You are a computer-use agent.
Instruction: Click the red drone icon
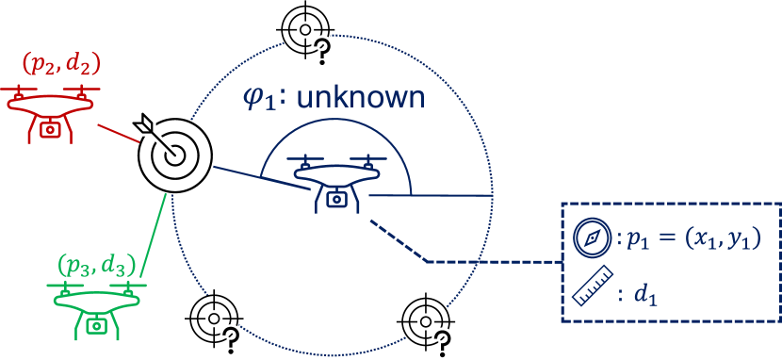(53, 111)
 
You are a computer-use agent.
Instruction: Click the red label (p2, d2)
(60, 65)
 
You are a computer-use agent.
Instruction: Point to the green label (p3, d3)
(97, 263)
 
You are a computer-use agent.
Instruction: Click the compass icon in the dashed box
(592, 238)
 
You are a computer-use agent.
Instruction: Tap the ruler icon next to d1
(592, 290)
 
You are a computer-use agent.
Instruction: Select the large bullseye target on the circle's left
(176, 155)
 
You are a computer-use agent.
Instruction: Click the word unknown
(361, 97)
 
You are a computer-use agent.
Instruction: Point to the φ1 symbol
(259, 99)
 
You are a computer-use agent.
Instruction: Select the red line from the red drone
(120, 135)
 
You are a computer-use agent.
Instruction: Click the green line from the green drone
(155, 236)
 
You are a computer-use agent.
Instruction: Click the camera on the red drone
(53, 128)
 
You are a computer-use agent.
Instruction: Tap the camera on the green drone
(96, 325)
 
